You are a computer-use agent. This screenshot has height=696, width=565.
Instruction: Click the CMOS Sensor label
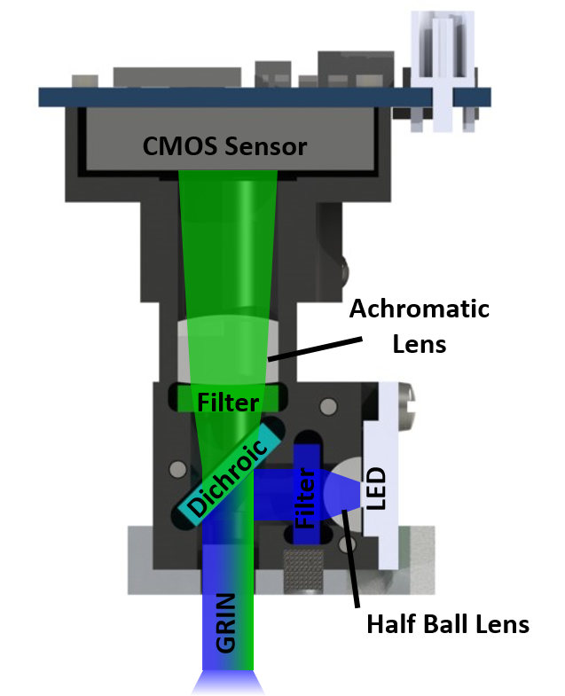[x=224, y=146]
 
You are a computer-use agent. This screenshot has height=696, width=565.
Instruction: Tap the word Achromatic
[x=419, y=309]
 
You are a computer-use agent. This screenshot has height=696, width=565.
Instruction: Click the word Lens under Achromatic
[x=419, y=342]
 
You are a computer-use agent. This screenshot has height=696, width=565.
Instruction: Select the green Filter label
[x=228, y=403]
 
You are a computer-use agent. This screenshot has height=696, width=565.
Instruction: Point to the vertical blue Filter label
[x=304, y=498]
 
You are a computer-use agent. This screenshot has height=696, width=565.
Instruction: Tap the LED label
[x=377, y=489]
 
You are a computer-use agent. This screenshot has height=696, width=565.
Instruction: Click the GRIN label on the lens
[x=226, y=622]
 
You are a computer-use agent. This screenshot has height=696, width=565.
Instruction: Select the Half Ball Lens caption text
[x=440, y=624]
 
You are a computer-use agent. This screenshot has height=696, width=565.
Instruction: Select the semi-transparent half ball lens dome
[x=342, y=488]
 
